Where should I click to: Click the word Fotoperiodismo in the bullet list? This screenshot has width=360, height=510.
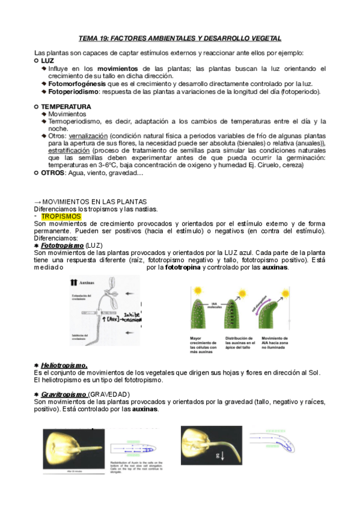point(73,92)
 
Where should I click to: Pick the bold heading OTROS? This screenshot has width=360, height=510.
point(53,173)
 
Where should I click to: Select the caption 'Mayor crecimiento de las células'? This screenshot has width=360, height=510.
point(205,343)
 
